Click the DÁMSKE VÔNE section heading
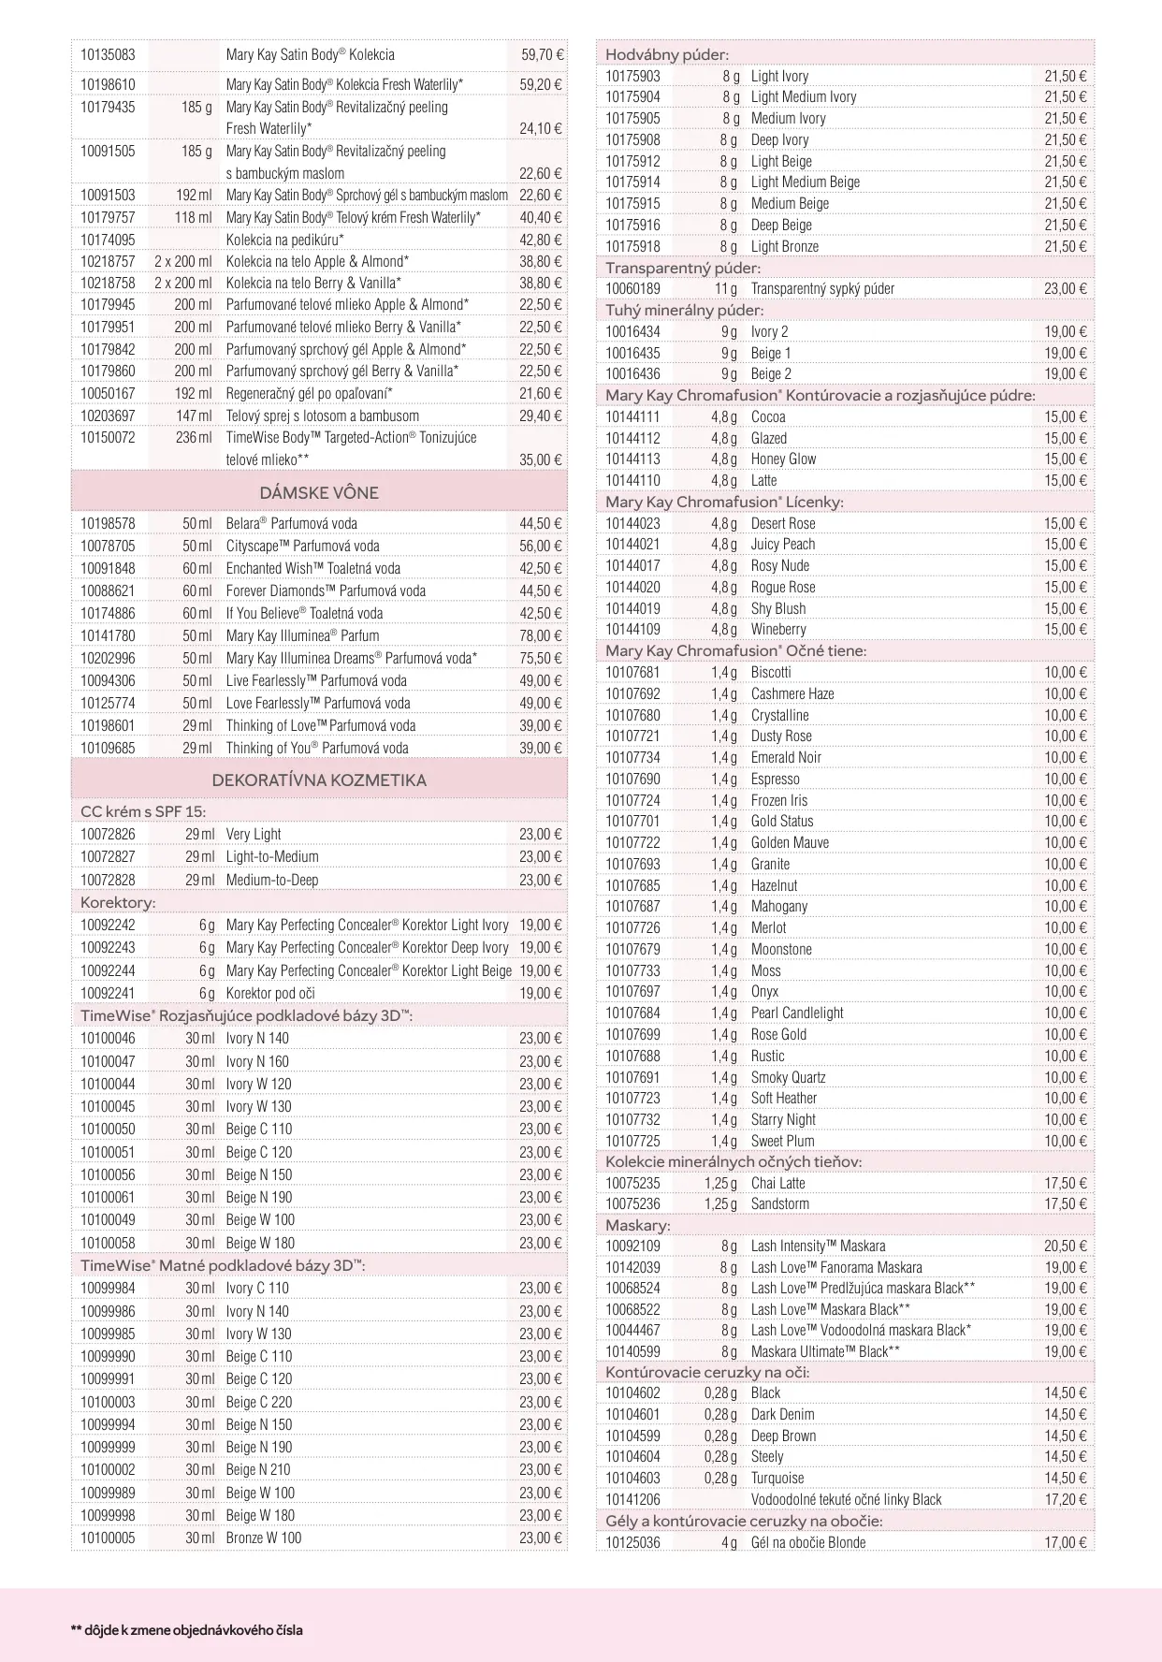tap(319, 492)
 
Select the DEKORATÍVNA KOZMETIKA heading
tap(319, 780)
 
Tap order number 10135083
tap(108, 55)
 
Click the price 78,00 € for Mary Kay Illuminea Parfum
tap(541, 635)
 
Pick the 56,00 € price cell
tap(541, 546)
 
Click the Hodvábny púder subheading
tap(666, 54)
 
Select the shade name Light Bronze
tap(784, 246)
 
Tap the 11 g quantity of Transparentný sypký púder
tap(726, 288)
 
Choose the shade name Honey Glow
tap(783, 459)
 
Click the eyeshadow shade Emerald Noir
tap(786, 757)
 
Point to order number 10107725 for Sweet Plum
tap(632, 1141)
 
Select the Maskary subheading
tap(637, 1225)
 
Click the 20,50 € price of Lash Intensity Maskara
tap(1066, 1246)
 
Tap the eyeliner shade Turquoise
tap(777, 1478)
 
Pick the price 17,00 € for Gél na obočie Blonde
tap(1066, 1542)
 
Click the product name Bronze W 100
tap(264, 1538)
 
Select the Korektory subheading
tap(118, 903)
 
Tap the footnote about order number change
tap(186, 1629)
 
